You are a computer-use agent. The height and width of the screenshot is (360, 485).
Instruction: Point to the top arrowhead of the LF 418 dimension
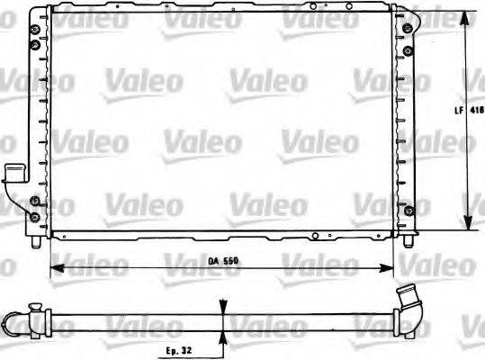point(466,17)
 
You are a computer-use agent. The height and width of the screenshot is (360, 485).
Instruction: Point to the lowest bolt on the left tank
point(34,217)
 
